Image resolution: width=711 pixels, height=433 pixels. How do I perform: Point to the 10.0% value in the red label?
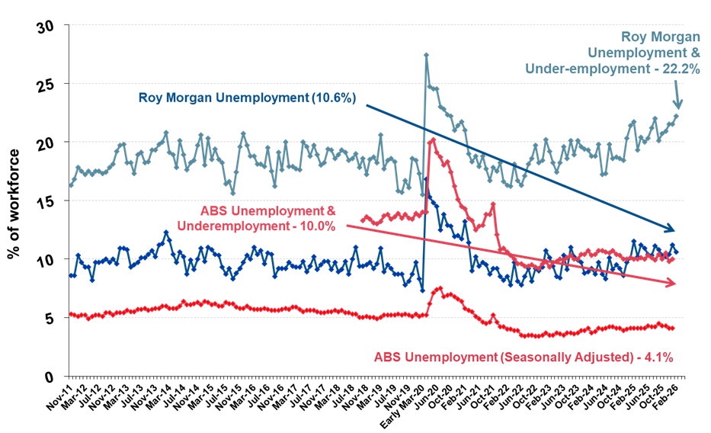point(315,226)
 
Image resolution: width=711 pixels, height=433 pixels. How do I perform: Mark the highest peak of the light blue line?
point(425,54)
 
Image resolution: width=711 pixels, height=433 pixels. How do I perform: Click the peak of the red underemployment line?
point(433,139)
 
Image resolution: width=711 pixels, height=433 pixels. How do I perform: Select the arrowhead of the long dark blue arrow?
point(671,229)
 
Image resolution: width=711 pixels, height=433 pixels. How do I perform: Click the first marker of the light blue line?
point(70,185)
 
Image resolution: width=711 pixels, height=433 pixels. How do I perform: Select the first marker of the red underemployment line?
point(361,216)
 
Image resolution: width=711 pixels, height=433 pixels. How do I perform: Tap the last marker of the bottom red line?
point(673,329)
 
